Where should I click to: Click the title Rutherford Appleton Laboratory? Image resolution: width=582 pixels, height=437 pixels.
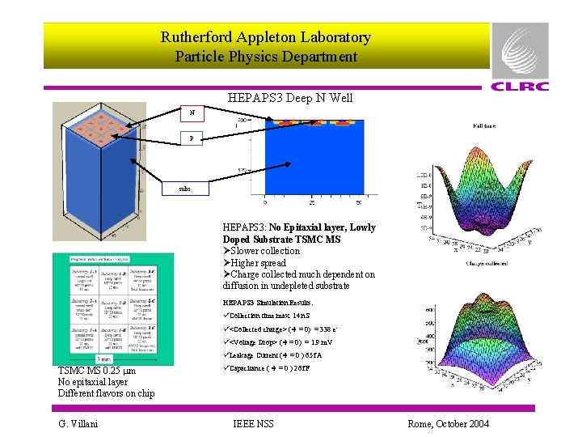click(265, 37)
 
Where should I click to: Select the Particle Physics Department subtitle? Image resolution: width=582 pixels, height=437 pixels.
click(265, 57)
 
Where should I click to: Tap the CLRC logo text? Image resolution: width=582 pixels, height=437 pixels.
click(520, 87)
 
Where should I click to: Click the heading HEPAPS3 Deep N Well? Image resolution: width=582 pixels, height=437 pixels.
click(290, 98)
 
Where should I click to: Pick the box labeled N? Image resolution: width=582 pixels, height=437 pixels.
click(192, 113)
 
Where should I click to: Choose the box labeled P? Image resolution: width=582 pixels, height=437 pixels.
click(192, 138)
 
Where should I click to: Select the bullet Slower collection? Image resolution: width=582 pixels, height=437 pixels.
click(265, 251)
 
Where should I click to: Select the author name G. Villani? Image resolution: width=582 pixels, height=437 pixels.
click(78, 423)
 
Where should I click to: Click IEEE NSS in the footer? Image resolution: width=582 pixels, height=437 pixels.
click(252, 423)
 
